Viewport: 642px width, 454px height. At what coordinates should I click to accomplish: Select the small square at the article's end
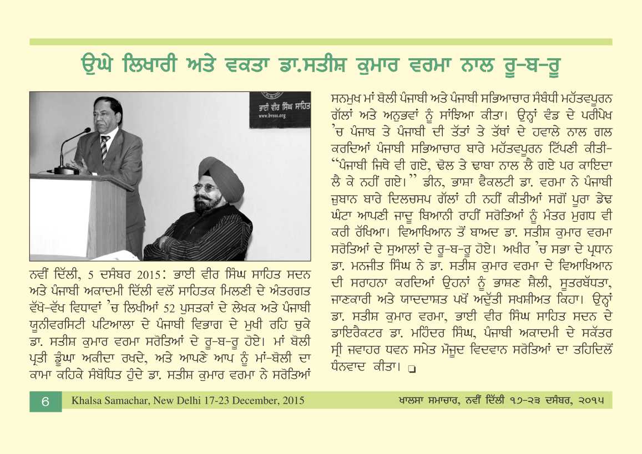411,368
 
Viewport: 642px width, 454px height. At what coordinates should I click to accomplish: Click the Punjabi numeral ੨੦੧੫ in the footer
588,400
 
